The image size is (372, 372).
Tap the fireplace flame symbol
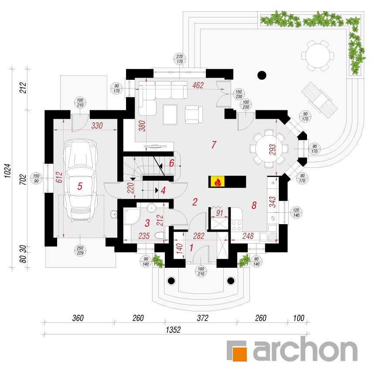[217, 182]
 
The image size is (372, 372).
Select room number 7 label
[214, 144]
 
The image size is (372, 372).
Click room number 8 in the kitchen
[254, 205]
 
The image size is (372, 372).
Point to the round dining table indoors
[269, 149]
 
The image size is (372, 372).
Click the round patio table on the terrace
[317, 56]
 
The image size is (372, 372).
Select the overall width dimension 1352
[173, 330]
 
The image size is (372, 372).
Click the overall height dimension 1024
[7, 171]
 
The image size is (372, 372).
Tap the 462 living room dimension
[198, 85]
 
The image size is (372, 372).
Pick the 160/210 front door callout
[201, 271]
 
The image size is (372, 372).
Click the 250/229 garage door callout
[80, 250]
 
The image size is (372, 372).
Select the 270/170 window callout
[180, 59]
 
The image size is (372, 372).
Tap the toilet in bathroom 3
[160, 235]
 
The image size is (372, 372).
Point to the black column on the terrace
[262, 75]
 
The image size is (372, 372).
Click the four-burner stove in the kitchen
[236, 226]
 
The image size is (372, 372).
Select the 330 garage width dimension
[97, 126]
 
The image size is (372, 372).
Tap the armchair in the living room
[194, 115]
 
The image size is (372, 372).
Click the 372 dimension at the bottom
[202, 318]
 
